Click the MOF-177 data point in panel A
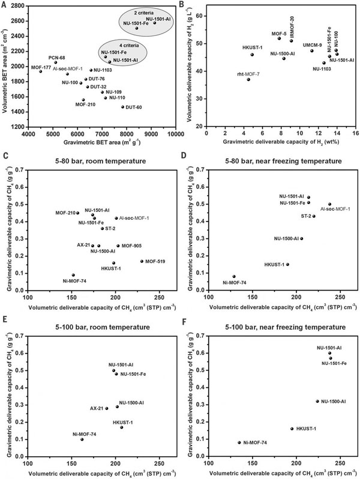coord(41,71)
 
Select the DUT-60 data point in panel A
coord(122,107)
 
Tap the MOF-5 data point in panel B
coord(279,38)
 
